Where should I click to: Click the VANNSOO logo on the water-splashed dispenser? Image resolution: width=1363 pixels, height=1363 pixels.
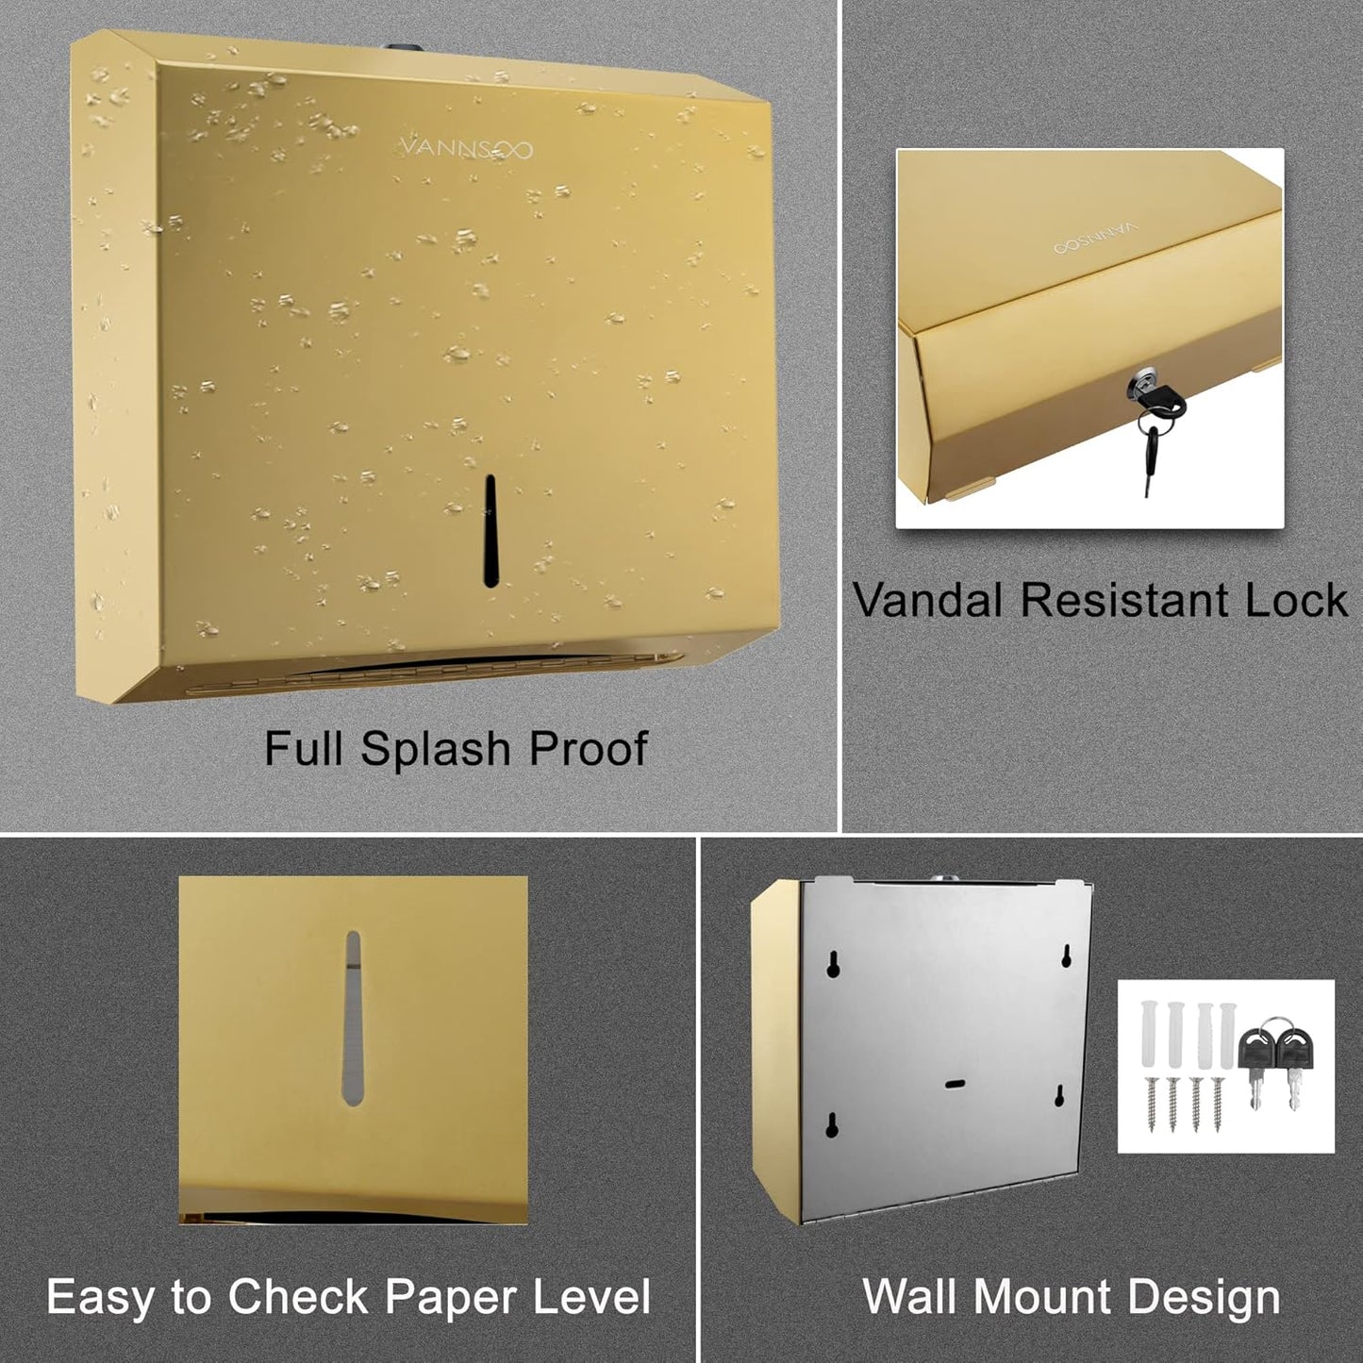pos(466,148)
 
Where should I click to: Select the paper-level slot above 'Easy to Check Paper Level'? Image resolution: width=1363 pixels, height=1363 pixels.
pos(353,1019)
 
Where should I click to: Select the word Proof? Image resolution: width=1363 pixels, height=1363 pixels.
pos(588,749)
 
